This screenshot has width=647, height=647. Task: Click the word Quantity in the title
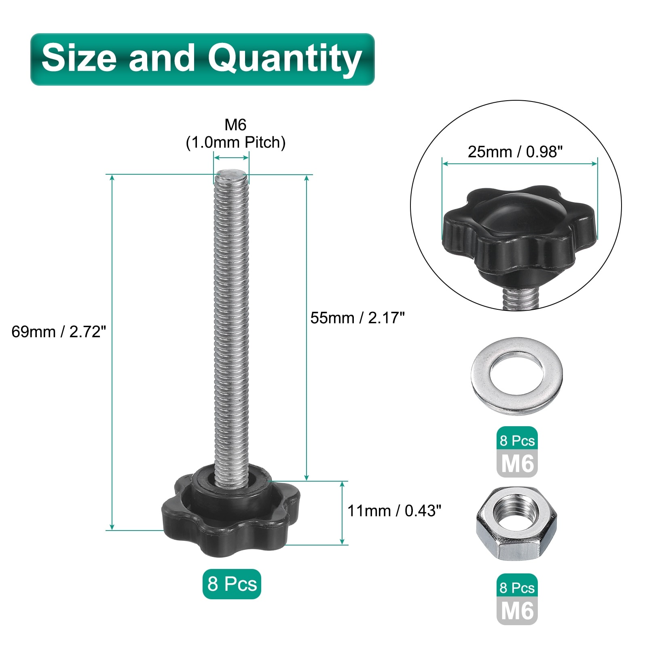(285, 59)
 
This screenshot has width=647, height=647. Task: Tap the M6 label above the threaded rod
(235, 125)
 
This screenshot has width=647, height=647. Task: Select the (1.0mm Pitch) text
(235, 142)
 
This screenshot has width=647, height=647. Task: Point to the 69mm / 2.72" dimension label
(59, 332)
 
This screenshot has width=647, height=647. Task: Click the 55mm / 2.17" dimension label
(357, 318)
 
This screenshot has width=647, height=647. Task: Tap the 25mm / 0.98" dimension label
(515, 152)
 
